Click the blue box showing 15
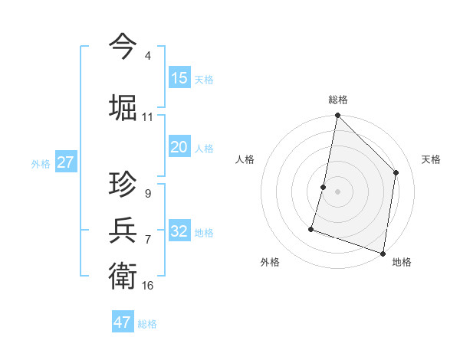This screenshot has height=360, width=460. coord(179,77)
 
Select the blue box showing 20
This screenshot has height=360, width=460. coord(179,147)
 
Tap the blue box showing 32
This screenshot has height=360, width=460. coord(179,231)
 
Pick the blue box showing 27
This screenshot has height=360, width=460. coord(65,162)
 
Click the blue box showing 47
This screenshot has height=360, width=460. coord(123,322)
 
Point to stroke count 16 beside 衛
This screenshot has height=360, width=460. coord(148,286)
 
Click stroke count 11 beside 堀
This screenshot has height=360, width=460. coord(148,117)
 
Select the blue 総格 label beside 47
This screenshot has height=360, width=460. coord(147,324)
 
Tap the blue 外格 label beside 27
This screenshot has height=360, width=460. coord(41,163)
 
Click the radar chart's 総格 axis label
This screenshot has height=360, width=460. coord(337,100)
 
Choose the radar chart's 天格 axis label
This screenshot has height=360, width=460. coord(431,159)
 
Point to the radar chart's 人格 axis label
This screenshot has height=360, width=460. coord(245,159)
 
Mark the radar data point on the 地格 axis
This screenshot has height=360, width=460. coord(383,253)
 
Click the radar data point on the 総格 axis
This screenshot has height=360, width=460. coord(337,116)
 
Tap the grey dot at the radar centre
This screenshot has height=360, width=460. coord(337,191)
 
